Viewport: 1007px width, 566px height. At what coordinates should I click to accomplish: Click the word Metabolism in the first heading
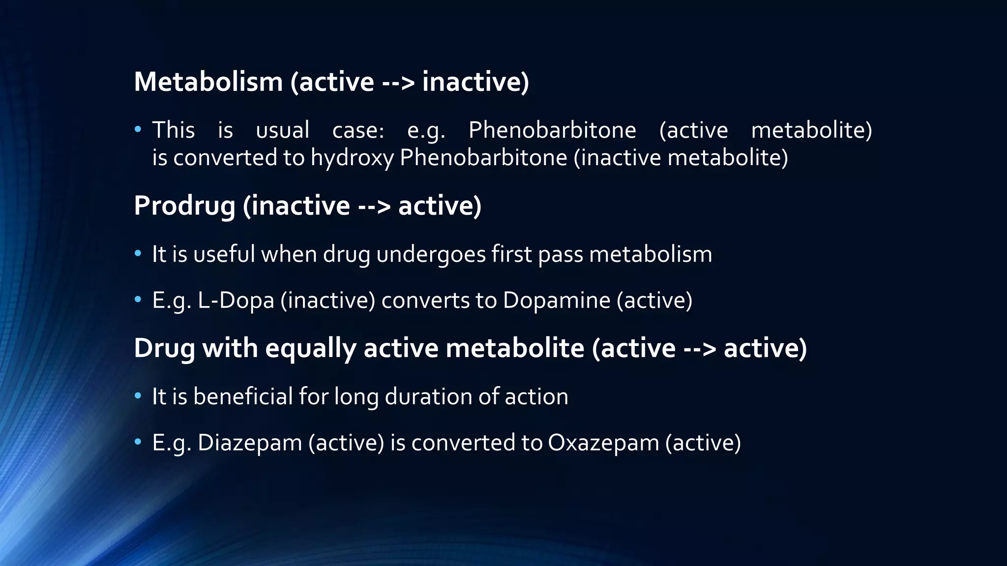pyautogui.click(x=208, y=82)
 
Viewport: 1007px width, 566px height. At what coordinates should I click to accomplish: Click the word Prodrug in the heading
pyautogui.click(x=184, y=205)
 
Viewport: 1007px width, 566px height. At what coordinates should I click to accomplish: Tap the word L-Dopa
pyautogui.click(x=236, y=300)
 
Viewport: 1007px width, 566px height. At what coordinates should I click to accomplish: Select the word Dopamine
pyautogui.click(x=556, y=300)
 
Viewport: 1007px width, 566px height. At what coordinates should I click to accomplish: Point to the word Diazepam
pyautogui.click(x=249, y=443)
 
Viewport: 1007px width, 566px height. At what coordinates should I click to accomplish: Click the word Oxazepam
pyautogui.click(x=603, y=443)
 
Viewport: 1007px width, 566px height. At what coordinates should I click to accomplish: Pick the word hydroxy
pyautogui.click(x=352, y=158)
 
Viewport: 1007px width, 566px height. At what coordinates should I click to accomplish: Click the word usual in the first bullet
pyautogui.click(x=283, y=130)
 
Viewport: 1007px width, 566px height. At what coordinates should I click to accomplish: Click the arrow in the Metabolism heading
pyautogui.click(x=398, y=83)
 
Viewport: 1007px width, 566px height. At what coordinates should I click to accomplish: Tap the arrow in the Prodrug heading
pyautogui.click(x=374, y=206)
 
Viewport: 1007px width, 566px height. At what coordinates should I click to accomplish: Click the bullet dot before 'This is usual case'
pyautogui.click(x=138, y=130)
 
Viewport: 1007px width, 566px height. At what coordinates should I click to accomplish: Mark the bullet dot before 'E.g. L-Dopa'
pyautogui.click(x=138, y=299)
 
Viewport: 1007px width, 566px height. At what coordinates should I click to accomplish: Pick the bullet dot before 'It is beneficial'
pyautogui.click(x=138, y=396)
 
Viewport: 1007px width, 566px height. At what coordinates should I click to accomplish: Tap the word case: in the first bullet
pyautogui.click(x=358, y=130)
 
